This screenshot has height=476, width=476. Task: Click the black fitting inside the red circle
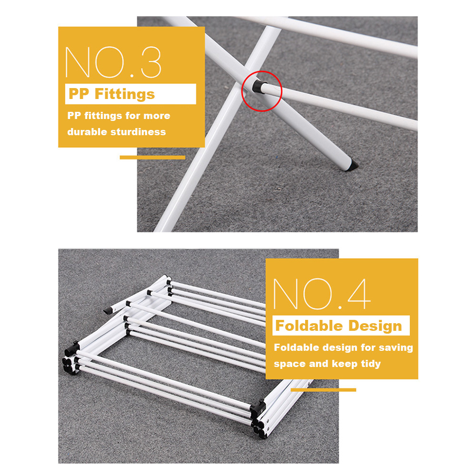[258, 87]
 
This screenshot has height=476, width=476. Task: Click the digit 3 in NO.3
[151, 62]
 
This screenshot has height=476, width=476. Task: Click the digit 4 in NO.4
[359, 294]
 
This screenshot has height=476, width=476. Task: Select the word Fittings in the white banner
[125, 94]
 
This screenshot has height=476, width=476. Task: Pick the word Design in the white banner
[375, 326]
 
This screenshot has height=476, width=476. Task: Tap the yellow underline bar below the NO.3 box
[152, 157]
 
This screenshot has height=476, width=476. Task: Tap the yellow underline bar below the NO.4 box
[323, 390]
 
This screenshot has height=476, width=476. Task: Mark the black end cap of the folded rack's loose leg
[107, 311]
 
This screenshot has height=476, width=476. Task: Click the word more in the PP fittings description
[157, 116]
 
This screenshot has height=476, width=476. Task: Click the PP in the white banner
[79, 94]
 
